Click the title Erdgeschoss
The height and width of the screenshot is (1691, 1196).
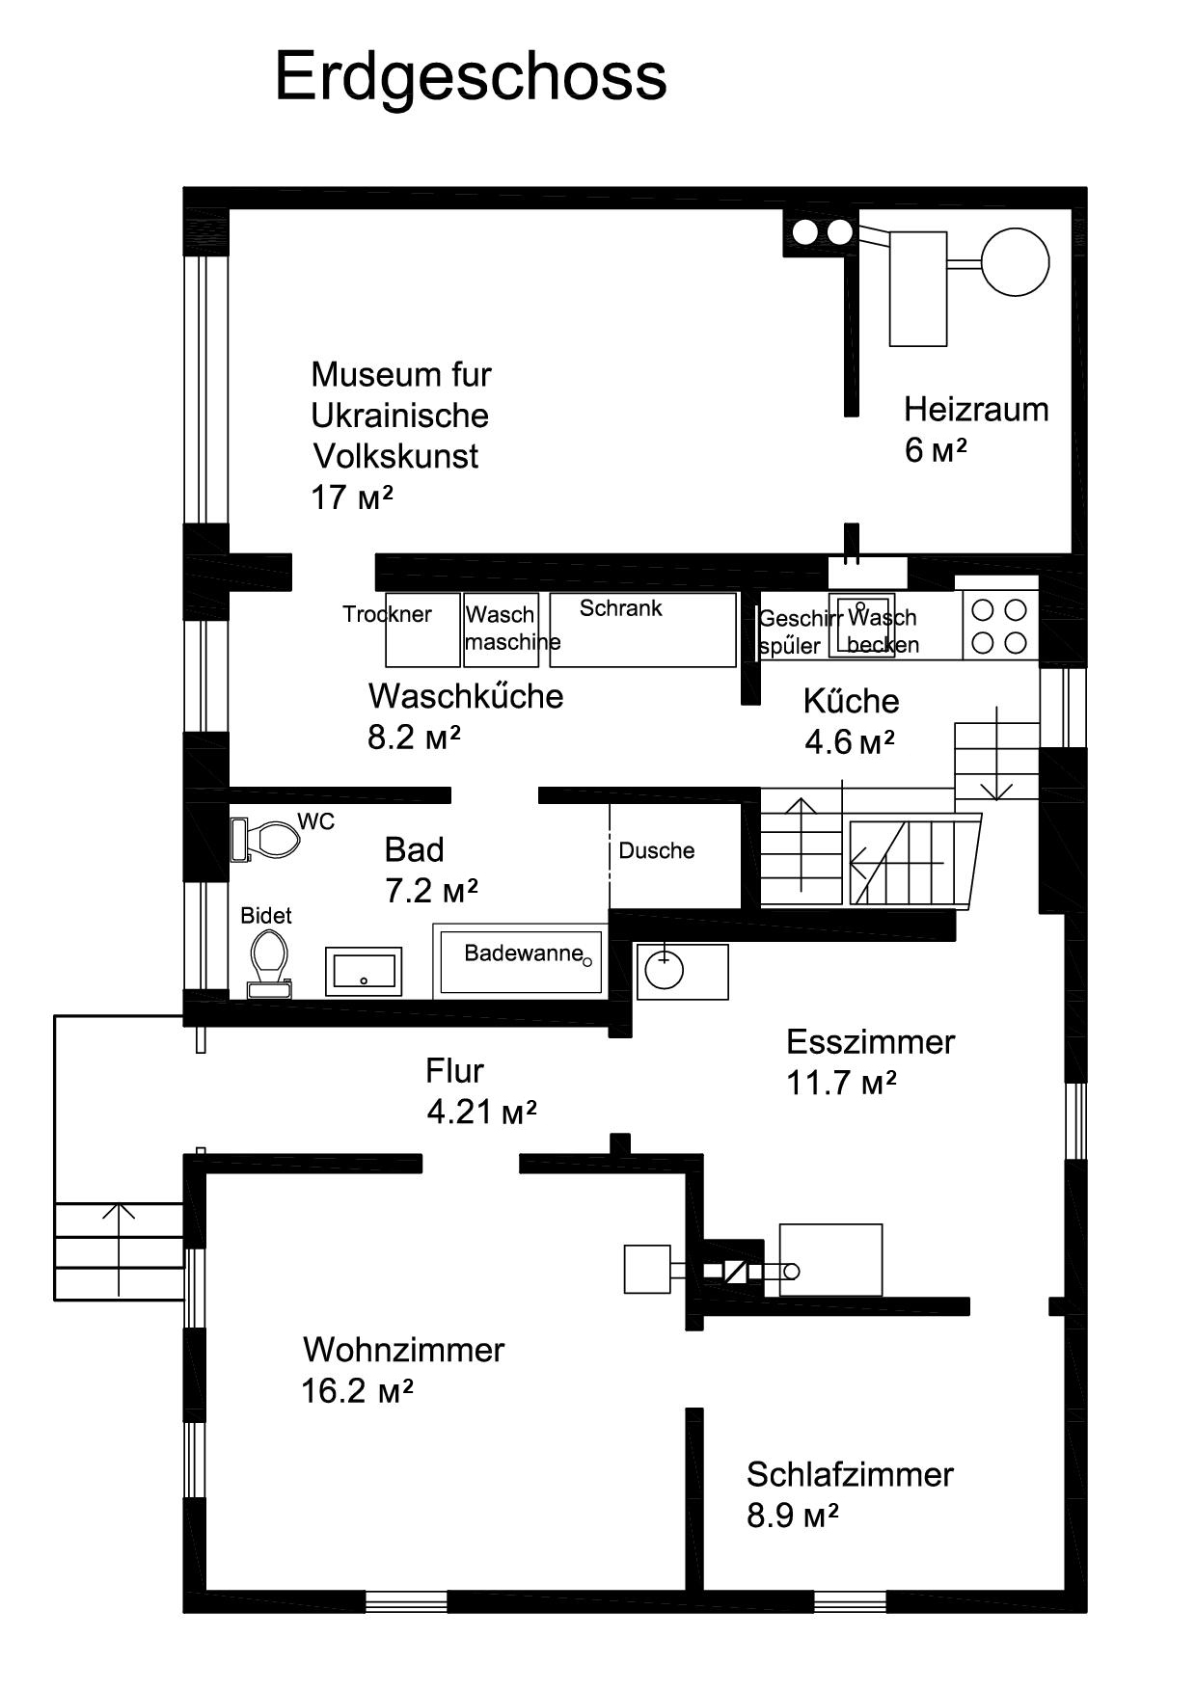471,78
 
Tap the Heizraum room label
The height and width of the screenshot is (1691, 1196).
976,410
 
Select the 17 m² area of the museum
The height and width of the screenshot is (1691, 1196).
351,497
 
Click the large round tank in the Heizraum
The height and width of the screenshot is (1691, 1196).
1015,261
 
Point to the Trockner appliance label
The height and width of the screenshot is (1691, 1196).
387,614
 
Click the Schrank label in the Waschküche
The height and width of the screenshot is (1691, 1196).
620,608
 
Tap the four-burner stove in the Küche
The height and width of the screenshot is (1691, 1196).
999,626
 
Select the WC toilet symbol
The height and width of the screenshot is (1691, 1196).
265,840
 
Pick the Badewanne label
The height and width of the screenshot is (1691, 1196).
524,953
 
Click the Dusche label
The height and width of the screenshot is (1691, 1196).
657,850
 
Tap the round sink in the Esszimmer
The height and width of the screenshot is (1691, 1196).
665,970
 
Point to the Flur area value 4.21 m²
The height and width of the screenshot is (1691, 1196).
481,1113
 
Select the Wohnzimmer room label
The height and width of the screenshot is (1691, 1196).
403,1350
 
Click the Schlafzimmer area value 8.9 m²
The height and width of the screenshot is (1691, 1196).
793,1516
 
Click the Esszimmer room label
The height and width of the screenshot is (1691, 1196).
870,1042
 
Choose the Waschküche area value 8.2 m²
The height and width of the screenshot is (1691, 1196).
414,738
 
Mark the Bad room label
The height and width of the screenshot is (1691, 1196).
414,850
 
